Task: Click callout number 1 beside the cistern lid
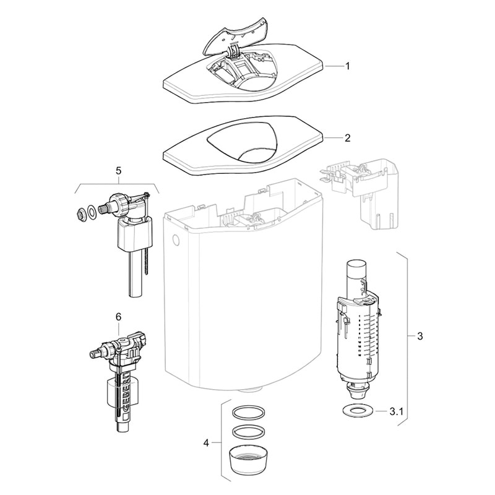point(348,66)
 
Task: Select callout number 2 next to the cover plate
point(348,138)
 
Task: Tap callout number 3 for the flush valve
point(420,336)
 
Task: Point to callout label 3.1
point(397,411)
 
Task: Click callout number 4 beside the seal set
point(206,443)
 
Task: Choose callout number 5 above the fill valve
point(118,171)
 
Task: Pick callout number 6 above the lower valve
point(118,317)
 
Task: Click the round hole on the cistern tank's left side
point(176,241)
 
